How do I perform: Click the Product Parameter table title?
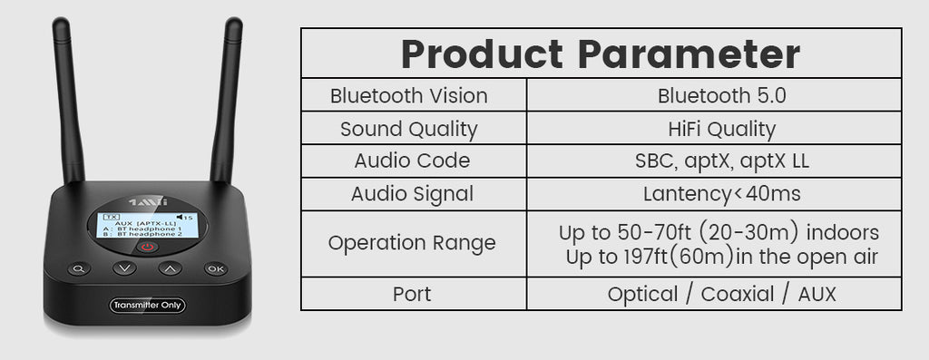pos(601,54)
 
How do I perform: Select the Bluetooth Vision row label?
pos(409,96)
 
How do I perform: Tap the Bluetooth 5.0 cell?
pos(721,96)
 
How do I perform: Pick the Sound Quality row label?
pos(409,130)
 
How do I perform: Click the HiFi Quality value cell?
pos(721,130)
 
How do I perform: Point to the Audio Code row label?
pos(412,161)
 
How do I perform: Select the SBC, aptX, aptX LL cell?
pos(721,161)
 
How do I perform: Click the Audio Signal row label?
pos(412,194)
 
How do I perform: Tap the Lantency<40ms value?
pos(721,194)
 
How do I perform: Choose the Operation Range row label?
pos(412,243)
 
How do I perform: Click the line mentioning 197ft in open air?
pos(721,257)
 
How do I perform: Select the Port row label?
pos(412,295)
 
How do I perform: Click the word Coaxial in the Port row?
pos(738,295)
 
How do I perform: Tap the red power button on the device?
pos(148,247)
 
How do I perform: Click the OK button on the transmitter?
pos(216,268)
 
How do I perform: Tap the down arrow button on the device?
pos(124,268)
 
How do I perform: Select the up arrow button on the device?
pos(170,268)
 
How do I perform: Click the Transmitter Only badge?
pos(147,306)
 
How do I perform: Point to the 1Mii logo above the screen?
pos(148,201)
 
